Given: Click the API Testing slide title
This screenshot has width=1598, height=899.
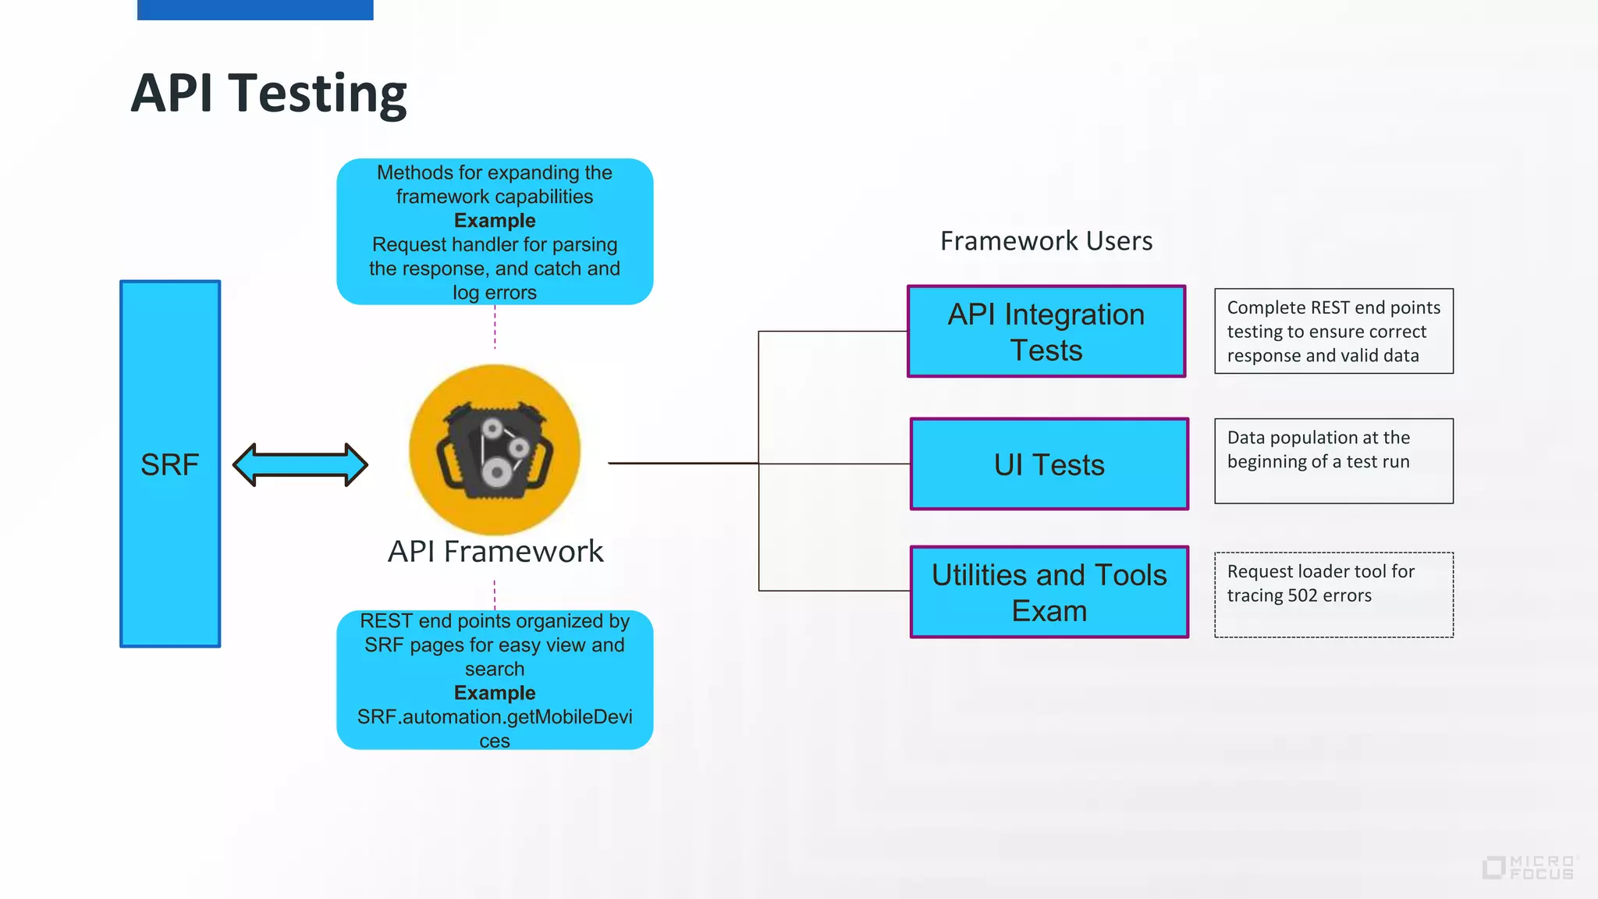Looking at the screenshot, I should point(268,94).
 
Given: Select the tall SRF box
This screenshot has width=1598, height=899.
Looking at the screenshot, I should point(170,464).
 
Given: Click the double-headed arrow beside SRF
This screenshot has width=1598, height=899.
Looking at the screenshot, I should point(300,465).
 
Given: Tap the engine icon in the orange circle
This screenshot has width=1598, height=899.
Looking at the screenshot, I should point(495,450).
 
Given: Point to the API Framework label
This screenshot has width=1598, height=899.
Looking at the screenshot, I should point(495,552).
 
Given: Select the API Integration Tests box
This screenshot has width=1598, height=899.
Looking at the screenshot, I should point(1046,332).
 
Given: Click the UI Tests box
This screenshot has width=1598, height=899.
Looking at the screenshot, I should point(1049,464).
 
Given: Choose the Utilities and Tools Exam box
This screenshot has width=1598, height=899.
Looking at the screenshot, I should point(1049,592).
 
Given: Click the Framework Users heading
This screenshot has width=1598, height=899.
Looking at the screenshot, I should point(1046,241).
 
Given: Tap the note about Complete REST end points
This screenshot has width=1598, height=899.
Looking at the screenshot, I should point(1333,332).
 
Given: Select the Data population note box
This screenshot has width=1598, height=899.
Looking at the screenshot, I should point(1333,460).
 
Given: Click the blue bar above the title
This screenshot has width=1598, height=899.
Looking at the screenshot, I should point(255,9).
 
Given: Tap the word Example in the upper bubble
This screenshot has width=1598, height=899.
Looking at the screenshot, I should point(495,221).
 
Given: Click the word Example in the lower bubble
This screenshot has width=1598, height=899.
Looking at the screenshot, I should point(495,693).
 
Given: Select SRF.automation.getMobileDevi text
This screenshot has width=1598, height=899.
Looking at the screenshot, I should point(495,717).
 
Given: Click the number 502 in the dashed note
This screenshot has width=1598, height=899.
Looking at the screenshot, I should point(1302,595).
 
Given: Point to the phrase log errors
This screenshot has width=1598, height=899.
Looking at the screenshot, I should point(495,293).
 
